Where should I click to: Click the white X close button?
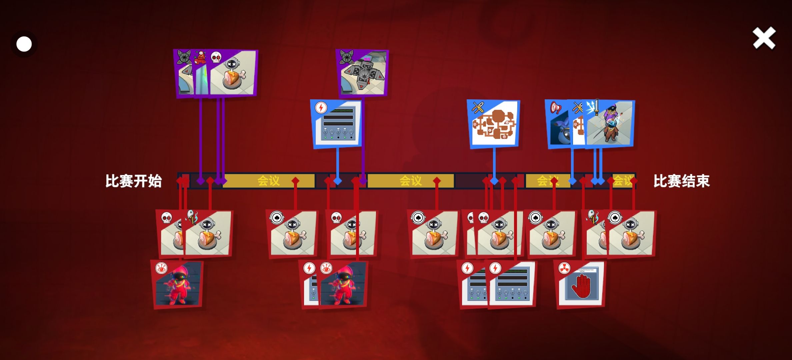[764, 38]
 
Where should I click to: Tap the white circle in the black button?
[24, 44]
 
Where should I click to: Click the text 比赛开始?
[133, 181]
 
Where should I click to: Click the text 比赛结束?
[681, 181]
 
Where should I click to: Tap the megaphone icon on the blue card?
[555, 108]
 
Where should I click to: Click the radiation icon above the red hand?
[564, 268]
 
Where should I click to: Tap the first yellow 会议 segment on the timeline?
[269, 181]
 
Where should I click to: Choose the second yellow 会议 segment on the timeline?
[411, 181]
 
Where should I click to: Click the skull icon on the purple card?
[216, 58]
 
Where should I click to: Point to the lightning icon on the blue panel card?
[321, 108]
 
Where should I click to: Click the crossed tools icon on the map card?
[478, 108]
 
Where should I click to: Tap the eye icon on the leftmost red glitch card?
[161, 268]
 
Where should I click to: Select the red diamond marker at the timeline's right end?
[634, 181]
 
